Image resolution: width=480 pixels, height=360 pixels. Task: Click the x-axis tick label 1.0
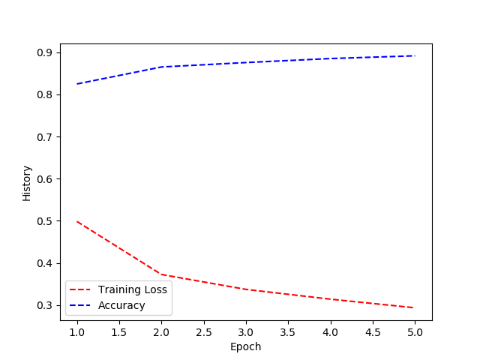coord(77,331)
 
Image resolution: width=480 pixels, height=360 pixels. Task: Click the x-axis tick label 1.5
coord(119,331)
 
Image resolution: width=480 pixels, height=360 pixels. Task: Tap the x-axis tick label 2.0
coord(161,331)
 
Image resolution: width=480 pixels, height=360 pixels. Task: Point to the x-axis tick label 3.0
coord(246,331)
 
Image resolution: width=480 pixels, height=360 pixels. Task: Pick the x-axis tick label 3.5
coord(288,331)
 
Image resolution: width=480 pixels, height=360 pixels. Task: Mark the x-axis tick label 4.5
coord(373,331)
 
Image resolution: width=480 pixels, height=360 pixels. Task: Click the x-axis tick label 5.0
coord(415,331)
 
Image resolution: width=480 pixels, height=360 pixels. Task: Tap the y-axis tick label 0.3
coord(43,305)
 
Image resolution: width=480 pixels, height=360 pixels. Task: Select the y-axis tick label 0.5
coord(43,221)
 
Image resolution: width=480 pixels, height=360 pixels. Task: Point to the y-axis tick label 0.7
coord(43,137)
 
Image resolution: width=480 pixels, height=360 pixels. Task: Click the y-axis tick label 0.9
coord(43,52)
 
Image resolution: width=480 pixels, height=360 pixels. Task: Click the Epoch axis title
coord(246,346)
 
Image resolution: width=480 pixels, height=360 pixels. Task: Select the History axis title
coord(27,183)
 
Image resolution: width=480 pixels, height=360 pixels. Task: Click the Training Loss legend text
coord(133,289)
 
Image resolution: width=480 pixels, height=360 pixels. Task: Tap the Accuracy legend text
coord(121,305)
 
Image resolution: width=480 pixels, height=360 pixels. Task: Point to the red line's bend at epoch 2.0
coord(161,274)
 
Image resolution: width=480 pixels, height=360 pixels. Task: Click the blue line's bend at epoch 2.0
coord(161,67)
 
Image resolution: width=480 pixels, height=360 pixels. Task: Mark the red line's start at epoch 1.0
coord(77,222)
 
